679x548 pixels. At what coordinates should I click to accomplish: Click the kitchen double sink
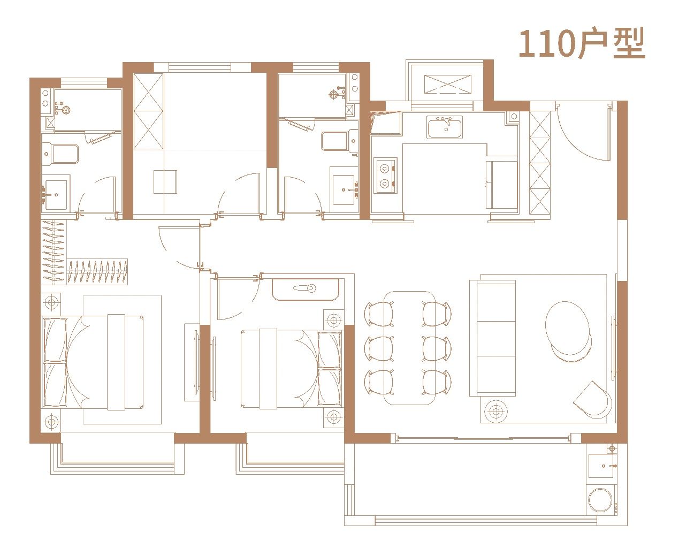pyautogui.click(x=445, y=127)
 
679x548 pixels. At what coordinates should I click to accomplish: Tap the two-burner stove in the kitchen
pyautogui.click(x=385, y=176)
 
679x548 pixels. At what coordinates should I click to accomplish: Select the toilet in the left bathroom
pyautogui.click(x=60, y=154)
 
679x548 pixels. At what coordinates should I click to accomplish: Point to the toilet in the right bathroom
pyautogui.click(x=339, y=141)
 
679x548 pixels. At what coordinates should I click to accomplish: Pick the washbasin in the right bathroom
pyautogui.click(x=345, y=190)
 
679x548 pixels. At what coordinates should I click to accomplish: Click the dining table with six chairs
pyautogui.click(x=409, y=348)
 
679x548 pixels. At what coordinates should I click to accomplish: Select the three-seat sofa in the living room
pyautogui.click(x=492, y=338)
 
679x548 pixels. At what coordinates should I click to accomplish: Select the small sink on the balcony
pyautogui.click(x=602, y=466)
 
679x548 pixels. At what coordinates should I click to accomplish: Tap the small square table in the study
pyautogui.click(x=165, y=182)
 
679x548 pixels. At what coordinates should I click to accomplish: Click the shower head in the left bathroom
pyautogui.click(x=65, y=109)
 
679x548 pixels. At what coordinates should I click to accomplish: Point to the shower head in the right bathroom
pyautogui.click(x=334, y=94)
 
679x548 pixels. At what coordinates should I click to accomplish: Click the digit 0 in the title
pyautogui.click(x=562, y=44)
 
